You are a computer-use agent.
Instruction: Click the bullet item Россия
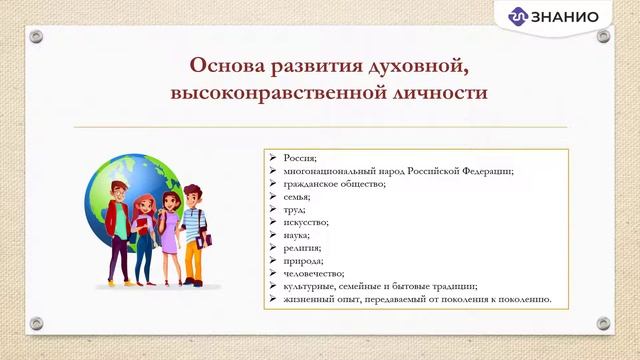(300, 158)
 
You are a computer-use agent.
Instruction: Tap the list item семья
(298, 197)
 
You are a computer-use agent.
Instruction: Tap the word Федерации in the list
(486, 171)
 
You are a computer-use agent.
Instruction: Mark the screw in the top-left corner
(36, 36)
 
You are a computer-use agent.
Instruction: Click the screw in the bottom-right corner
(603, 323)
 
